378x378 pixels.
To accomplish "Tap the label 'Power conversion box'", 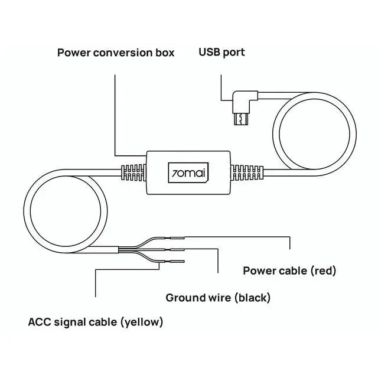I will (116, 53).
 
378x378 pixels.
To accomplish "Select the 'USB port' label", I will (221, 53).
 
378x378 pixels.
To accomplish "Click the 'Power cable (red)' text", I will (289, 271).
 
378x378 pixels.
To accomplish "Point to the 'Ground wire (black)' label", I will (218, 298).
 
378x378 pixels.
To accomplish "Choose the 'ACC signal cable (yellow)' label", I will (96, 322).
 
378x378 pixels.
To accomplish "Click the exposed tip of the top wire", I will (178, 237).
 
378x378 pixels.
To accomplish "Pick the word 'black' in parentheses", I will (252, 298).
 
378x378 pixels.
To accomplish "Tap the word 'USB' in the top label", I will (209, 53).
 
